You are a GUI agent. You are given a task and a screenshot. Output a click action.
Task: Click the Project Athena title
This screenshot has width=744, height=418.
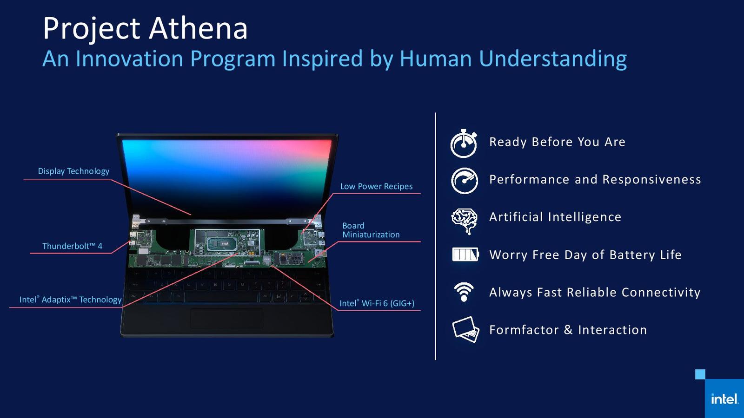pos(145,29)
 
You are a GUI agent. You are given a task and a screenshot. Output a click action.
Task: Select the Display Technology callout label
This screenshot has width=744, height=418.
pos(73,171)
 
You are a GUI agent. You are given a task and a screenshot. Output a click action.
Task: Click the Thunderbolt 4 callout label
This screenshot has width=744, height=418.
pos(73,246)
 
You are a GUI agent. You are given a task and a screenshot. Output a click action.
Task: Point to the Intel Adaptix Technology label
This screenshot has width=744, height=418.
pos(70,300)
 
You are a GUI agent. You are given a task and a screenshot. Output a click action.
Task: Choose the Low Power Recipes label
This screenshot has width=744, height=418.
pos(376,186)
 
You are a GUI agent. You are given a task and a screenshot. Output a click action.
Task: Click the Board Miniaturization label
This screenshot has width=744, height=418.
pos(371,230)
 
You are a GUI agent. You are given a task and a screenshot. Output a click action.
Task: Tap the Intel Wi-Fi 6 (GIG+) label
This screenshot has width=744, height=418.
pos(377,303)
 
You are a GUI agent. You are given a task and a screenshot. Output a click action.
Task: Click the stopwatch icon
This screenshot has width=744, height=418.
pos(464,143)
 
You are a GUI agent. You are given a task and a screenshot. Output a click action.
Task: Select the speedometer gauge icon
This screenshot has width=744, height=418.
pos(465,181)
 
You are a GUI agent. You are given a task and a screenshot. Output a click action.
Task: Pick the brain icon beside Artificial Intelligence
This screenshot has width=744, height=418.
pos(465,221)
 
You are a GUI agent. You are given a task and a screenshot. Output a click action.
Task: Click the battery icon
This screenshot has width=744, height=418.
pos(465,255)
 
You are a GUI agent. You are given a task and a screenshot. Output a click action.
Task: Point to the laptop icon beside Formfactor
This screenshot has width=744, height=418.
pos(465,329)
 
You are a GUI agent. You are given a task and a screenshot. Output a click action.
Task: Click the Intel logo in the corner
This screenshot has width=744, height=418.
pos(724,399)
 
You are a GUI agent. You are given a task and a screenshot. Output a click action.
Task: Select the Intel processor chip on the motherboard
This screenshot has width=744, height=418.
pos(219,244)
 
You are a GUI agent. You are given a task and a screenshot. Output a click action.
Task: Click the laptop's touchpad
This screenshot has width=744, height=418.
pos(227,319)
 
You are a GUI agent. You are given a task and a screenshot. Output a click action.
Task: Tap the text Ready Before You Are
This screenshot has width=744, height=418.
pos(558,142)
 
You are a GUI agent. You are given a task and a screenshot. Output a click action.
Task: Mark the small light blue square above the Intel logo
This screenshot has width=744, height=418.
pos(700,374)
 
